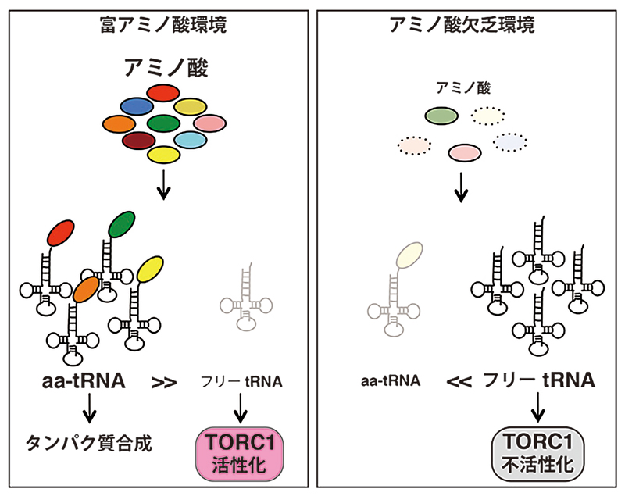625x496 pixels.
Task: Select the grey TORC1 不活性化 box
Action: pos(537,451)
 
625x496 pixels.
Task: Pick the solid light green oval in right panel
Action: pos(441,116)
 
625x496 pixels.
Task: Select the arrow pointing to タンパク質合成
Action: pos(90,408)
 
